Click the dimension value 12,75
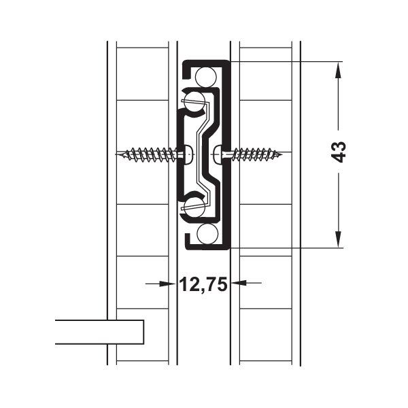pos(203,285)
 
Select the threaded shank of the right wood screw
pos(255,154)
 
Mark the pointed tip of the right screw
pos(284,154)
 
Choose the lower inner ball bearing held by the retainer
pos(194,205)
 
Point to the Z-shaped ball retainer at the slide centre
pos(203,154)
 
